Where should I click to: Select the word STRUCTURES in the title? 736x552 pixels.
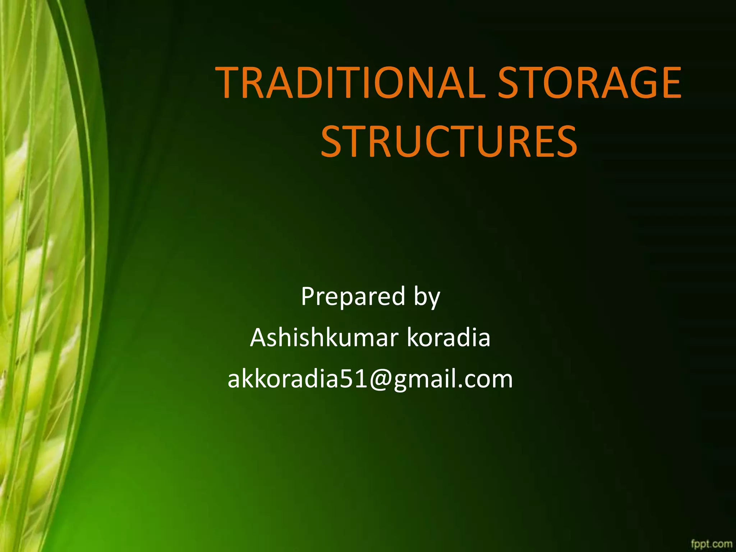pos(448,141)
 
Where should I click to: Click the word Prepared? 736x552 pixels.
pos(353,297)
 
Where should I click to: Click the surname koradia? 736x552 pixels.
pos(448,338)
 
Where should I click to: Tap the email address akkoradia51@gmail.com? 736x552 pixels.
pos(370,379)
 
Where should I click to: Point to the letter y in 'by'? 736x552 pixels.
pos(434,299)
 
